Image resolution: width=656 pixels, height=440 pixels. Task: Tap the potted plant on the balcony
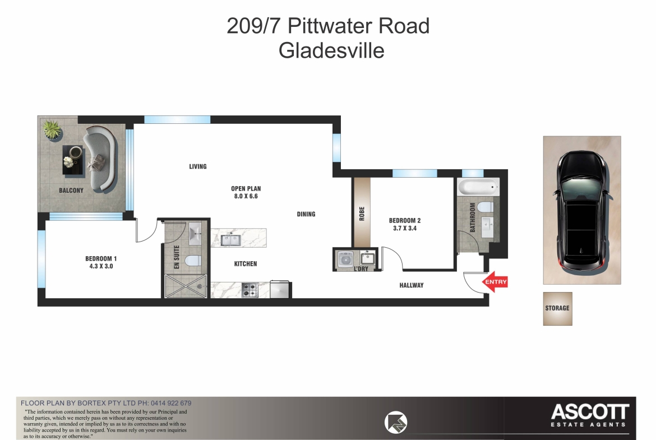tap(52, 129)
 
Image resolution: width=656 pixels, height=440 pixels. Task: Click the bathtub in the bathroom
tap(478, 187)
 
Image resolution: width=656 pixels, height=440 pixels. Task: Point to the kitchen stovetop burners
tap(250, 290)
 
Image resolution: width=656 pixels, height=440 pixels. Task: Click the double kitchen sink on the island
tap(230, 240)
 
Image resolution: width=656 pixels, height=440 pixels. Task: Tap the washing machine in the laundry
tap(346, 260)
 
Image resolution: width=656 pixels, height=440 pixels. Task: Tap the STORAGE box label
tap(557, 308)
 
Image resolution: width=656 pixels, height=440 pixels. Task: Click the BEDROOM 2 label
tap(405, 220)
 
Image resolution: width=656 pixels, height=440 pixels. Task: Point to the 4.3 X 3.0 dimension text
tap(101, 266)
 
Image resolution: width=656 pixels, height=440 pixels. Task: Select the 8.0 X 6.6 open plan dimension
tap(246, 196)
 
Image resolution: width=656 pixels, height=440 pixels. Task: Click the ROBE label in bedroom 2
tap(362, 214)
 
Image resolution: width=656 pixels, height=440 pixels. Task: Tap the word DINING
tap(306, 214)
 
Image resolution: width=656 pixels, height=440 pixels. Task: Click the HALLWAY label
tap(411, 285)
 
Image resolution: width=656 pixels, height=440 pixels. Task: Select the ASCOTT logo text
tap(590, 412)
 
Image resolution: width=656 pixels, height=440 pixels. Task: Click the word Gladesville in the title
tap(331, 50)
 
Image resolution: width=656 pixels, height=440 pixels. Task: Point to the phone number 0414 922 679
tap(171, 403)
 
